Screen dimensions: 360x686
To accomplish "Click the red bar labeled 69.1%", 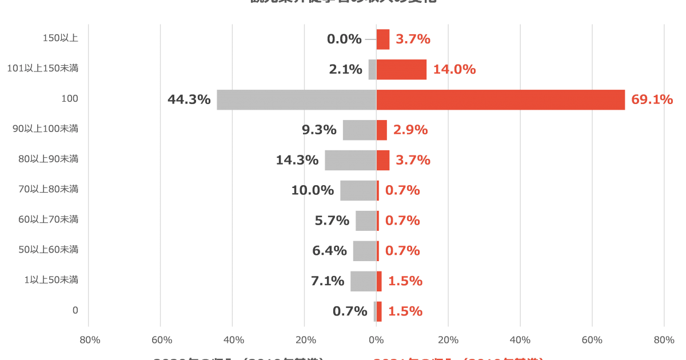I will coord(501,100).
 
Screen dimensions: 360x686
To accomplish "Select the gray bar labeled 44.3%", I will coord(296,100).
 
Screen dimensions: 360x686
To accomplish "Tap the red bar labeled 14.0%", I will coord(402,70).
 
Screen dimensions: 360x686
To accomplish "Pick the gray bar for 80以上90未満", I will coord(350,161).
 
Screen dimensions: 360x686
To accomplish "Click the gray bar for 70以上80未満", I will coord(358,191).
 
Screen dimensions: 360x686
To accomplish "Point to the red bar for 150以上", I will coord(383,39).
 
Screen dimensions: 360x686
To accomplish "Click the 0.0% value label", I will coord(344,39).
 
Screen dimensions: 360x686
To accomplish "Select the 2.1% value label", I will coord(345,70).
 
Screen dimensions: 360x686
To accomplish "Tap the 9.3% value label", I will coord(319,130).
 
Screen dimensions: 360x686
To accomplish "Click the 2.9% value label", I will coord(410,130).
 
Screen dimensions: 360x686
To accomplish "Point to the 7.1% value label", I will coord(327,281).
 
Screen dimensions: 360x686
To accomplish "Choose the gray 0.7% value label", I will coord(350,311).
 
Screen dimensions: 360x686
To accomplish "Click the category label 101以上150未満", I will coord(42,69).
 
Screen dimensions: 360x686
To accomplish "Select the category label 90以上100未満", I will coord(45,129).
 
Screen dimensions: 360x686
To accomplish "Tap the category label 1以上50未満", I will coord(51,280).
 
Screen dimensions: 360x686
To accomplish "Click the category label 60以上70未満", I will coord(48,219).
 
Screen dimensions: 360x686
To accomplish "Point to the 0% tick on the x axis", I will coord(376,341).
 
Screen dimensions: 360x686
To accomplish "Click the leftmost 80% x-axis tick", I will coord(90,341).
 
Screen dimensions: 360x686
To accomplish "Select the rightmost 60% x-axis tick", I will coord(592,341).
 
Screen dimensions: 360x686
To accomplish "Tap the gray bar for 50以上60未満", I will coord(365,251).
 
